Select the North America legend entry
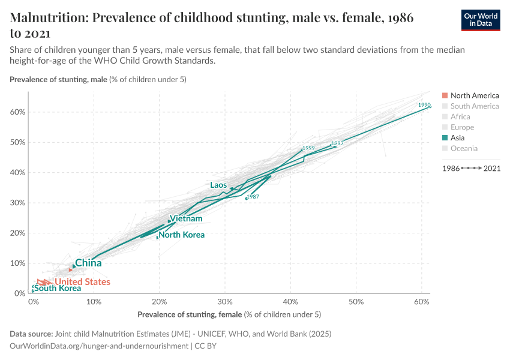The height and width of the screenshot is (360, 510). click(x=474, y=95)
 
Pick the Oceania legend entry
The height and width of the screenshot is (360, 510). click(x=464, y=148)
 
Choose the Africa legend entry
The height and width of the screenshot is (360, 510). click(x=460, y=116)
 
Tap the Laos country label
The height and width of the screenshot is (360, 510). click(x=218, y=185)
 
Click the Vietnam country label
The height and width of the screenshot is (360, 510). click(x=186, y=218)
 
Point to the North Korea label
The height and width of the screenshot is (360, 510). click(x=181, y=235)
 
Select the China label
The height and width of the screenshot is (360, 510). click(x=88, y=263)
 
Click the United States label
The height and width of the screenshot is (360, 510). click(x=82, y=282)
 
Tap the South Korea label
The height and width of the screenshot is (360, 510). click(x=58, y=289)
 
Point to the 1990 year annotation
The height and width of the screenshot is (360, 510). click(x=424, y=105)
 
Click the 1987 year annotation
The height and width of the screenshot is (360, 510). click(x=253, y=197)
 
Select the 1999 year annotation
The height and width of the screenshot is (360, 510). click(x=308, y=148)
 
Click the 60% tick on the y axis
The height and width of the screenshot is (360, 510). click(x=16, y=112)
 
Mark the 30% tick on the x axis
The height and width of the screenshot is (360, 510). click(x=225, y=302)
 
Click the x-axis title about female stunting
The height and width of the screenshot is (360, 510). click(x=229, y=314)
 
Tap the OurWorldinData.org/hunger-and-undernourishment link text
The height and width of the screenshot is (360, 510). click(x=99, y=346)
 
